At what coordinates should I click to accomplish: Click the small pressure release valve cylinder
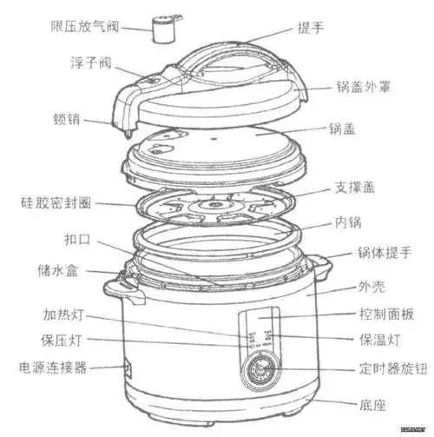(161, 29)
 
